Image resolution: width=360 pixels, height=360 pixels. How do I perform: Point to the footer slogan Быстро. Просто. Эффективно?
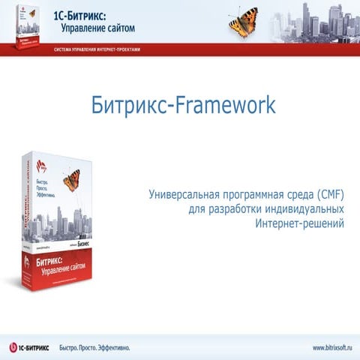tap(96, 347)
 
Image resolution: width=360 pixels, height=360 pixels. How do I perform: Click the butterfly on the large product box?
tap(72, 179)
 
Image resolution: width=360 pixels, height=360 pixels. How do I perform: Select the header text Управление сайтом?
tap(92, 28)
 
